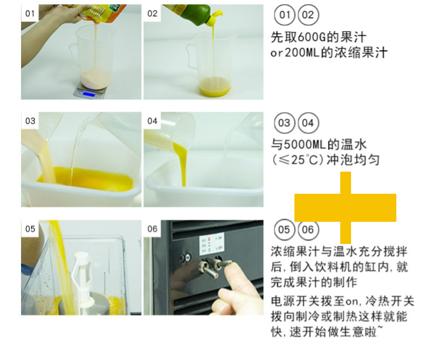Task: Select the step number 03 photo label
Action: [30, 121]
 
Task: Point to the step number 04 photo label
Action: [153, 121]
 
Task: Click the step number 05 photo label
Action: [30, 229]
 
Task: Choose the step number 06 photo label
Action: [153, 229]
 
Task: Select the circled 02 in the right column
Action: [307, 15]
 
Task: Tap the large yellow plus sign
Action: [345, 208]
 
